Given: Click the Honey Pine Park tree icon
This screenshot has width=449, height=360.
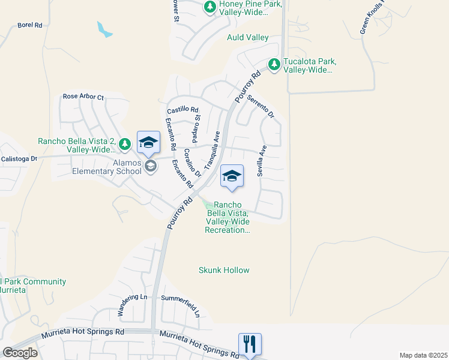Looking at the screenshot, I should (209, 7).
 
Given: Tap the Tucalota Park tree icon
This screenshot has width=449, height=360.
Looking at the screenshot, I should (274, 64).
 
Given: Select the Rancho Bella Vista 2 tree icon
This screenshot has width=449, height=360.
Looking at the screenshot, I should (125, 143).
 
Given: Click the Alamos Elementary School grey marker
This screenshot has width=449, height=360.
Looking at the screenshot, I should (151, 166).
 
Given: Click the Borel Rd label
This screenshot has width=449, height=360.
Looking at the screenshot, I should (29, 25).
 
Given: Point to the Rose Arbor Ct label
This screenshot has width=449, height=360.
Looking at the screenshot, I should (83, 97).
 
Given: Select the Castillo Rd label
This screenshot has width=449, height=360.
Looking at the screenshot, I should (182, 110).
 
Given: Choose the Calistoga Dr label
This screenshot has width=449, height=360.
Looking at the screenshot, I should (19, 159).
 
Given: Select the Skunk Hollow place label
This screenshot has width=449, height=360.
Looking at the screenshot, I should (224, 270).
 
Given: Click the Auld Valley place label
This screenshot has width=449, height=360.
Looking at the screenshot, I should (248, 37).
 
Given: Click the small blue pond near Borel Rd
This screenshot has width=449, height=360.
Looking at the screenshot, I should (104, 29).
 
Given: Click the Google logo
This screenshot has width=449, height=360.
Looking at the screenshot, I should (20, 352).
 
